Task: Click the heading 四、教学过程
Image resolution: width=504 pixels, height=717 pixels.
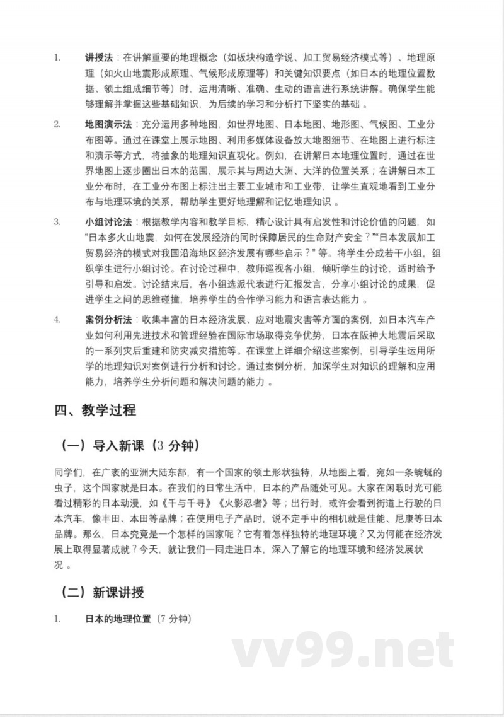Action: tap(95, 411)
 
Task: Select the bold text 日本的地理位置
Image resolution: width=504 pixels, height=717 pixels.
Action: tap(118, 619)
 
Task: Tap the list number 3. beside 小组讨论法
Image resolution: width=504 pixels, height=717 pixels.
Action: tap(57, 222)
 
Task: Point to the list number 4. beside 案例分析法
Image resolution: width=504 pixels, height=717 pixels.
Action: tap(57, 320)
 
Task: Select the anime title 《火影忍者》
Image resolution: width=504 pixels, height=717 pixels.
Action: tap(229, 503)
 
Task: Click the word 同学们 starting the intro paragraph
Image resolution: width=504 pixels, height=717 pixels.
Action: tap(69, 472)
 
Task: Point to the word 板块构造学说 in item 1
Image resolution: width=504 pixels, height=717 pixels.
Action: tap(265, 57)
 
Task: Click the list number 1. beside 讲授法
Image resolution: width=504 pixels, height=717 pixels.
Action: tap(57, 57)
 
